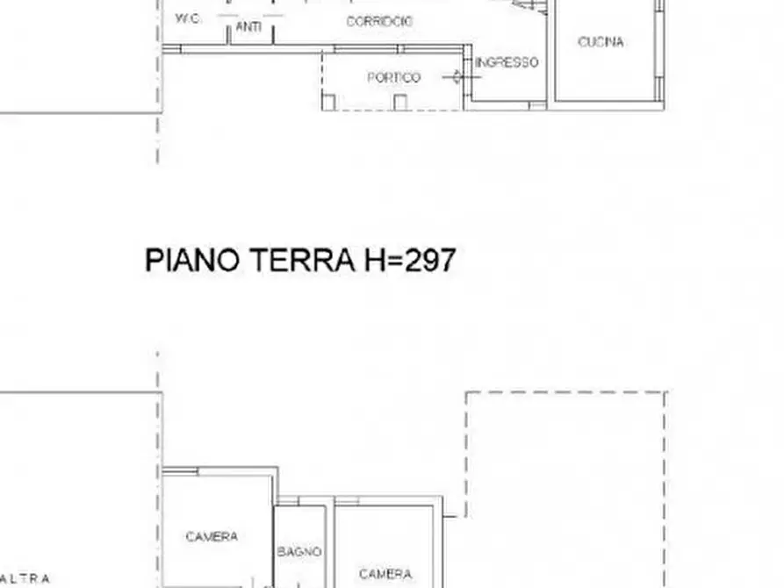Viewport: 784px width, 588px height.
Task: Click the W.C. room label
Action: tap(189, 18)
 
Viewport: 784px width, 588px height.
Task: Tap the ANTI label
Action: tap(248, 27)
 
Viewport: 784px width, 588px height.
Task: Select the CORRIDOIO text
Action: tap(379, 22)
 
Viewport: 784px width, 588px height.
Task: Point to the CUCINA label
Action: tap(601, 41)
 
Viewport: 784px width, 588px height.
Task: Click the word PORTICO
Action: tap(393, 77)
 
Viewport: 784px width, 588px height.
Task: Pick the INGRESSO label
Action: tap(507, 62)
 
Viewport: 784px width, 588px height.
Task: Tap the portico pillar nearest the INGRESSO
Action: tap(400, 102)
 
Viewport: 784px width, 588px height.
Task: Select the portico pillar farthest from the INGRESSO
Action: tap(329, 102)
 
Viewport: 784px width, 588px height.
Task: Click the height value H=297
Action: tap(408, 261)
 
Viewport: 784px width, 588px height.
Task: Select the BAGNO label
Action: tap(299, 552)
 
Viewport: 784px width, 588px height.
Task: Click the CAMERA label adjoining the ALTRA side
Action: tap(212, 536)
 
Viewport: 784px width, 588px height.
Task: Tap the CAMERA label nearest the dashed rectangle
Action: tap(385, 574)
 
